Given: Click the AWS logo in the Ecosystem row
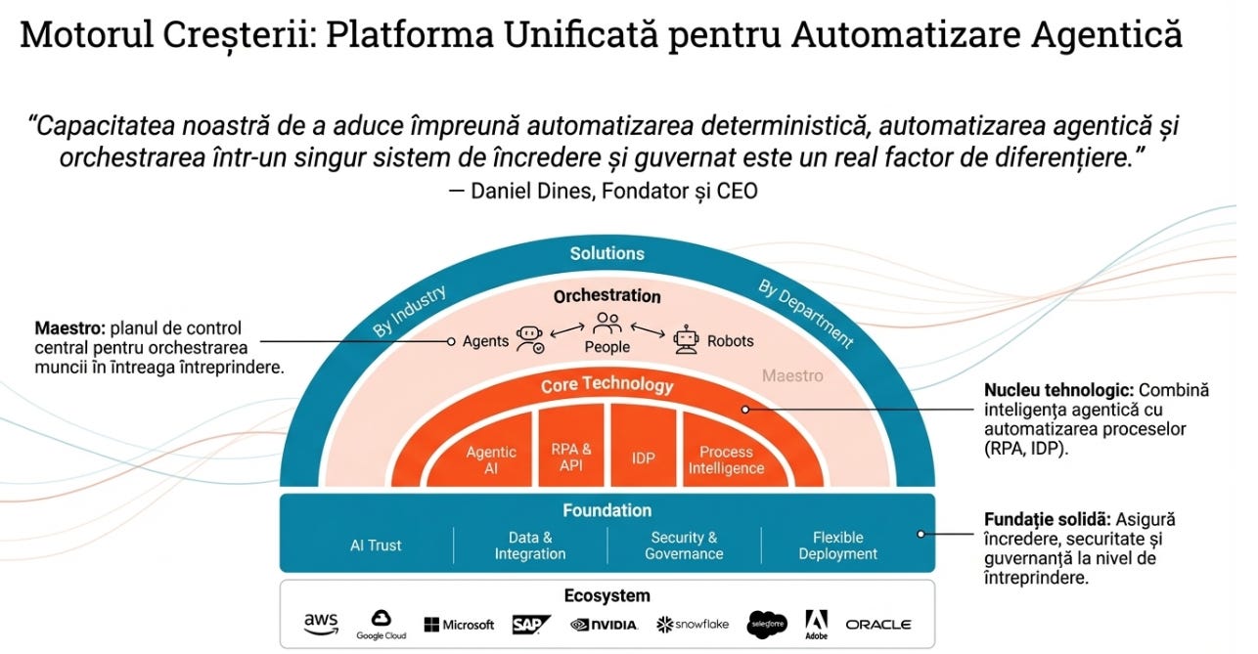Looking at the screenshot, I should [320, 623].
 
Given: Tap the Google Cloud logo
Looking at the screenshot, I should [381, 623].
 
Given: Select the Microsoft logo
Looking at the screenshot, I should [459, 625].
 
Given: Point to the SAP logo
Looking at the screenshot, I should [531, 624].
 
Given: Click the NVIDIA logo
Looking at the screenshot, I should [604, 625].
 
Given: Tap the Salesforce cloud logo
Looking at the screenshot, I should [767, 623].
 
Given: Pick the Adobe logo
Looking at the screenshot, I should [816, 623].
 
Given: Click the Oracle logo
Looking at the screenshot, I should [877, 624].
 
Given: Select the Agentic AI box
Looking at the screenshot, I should [491, 459].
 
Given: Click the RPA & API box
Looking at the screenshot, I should [571, 457].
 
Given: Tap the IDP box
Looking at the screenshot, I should [643, 457].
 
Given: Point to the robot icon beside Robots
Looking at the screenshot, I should [688, 339].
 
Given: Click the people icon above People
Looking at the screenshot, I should [607, 322].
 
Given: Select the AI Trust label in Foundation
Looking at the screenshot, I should [376, 545].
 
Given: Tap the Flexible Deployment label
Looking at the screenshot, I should [837, 545].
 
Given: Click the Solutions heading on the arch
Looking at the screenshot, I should [607, 253].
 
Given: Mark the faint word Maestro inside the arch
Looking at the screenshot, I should [792, 375].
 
